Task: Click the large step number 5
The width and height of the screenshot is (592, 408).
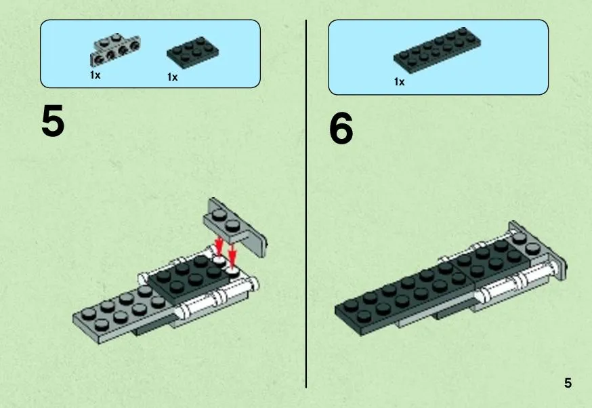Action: [53, 121]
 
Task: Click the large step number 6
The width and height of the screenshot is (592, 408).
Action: [341, 129]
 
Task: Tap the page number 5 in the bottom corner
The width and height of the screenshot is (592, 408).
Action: [568, 383]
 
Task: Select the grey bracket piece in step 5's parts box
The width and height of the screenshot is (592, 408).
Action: [114, 49]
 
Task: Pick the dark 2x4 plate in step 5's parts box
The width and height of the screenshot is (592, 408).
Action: [193, 52]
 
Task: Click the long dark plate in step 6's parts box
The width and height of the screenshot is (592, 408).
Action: [437, 49]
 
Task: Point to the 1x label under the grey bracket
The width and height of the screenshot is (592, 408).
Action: [95, 75]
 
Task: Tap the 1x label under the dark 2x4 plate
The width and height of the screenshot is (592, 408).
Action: [172, 77]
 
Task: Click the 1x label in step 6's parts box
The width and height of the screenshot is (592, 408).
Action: [399, 81]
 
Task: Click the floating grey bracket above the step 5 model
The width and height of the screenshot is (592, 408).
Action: [235, 226]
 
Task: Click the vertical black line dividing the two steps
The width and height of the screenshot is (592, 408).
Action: [305, 204]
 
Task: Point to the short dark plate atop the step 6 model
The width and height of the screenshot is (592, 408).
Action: [494, 261]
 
